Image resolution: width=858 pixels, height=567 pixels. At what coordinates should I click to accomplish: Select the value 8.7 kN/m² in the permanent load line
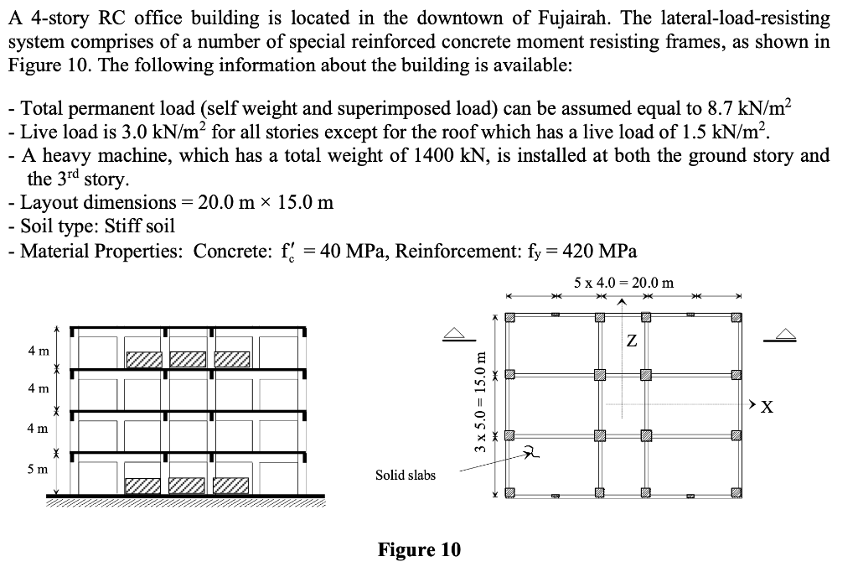749,108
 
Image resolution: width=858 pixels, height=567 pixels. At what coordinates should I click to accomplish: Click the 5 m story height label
37,469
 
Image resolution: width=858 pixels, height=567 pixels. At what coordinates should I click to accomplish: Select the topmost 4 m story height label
37,349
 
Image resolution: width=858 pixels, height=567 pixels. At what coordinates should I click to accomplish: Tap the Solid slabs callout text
406,475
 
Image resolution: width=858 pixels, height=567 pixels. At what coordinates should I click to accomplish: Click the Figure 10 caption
419,549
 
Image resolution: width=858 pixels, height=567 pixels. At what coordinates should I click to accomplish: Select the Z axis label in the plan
631,341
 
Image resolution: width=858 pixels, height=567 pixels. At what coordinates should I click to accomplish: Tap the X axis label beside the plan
766,408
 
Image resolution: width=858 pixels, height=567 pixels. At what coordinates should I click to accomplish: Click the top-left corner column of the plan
509,317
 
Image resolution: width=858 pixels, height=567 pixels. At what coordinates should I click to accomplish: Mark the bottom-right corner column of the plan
736,492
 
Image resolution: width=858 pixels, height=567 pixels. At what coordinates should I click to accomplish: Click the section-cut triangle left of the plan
455,333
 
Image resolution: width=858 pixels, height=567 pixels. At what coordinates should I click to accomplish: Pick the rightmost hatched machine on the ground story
231,485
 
